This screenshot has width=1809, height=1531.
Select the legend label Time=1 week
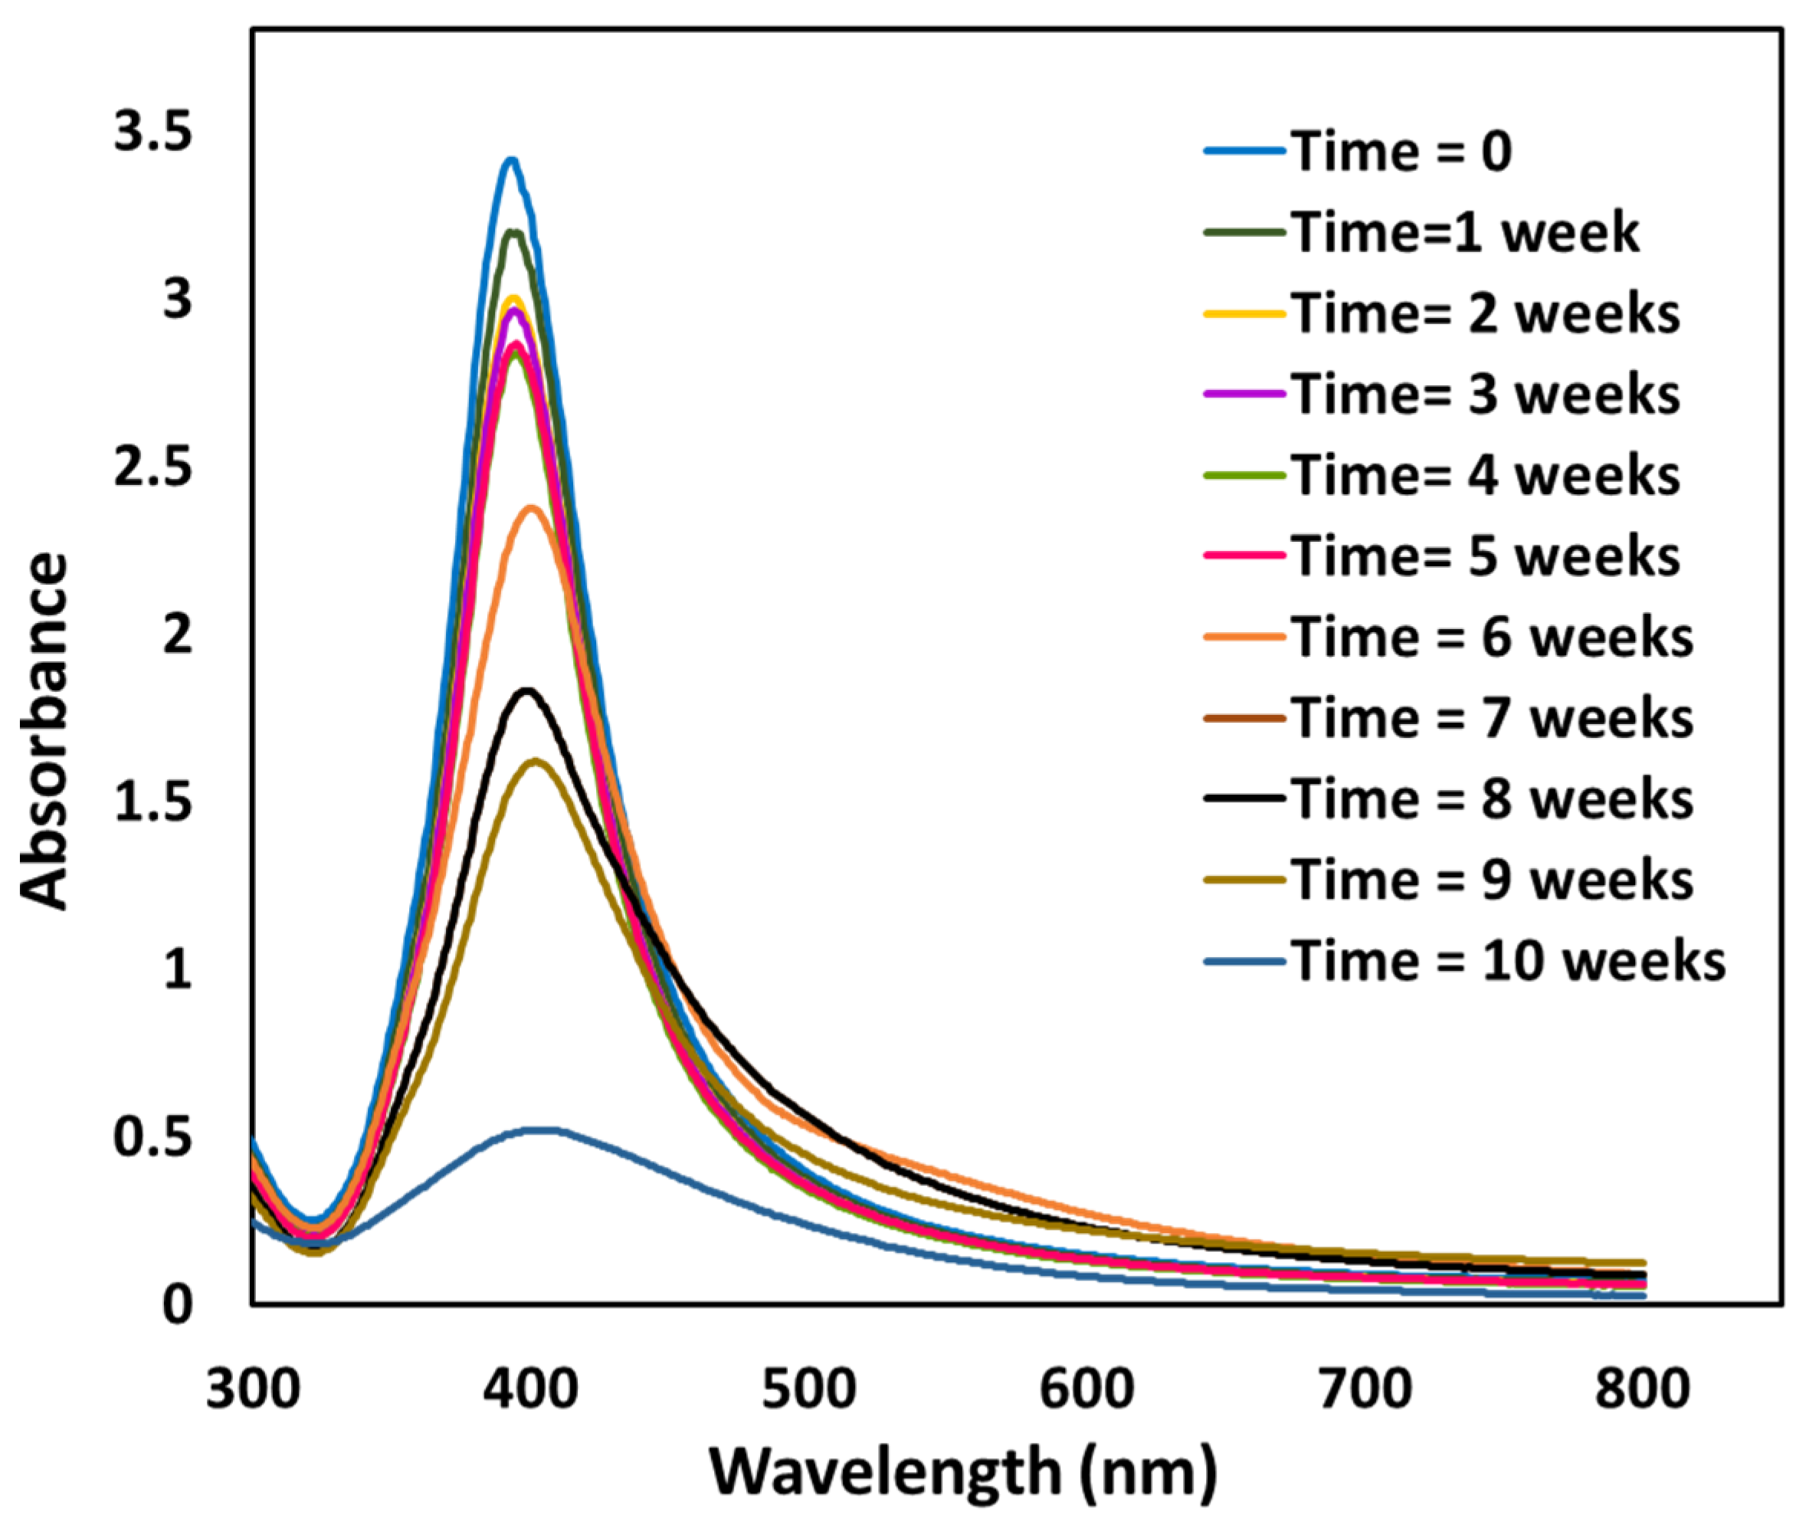pyautogui.click(x=1464, y=233)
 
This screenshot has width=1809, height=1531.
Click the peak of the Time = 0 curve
pyautogui.click(x=511, y=159)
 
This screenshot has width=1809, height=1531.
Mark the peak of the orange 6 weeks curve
pyautogui.click(x=531, y=508)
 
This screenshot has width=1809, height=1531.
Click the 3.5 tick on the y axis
pyautogui.click(x=152, y=135)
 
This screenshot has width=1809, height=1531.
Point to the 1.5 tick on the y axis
pyautogui.click(x=152, y=803)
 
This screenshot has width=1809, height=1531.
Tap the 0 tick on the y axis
pyautogui.click(x=177, y=1304)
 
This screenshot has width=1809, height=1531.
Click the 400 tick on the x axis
pyautogui.click(x=530, y=1388)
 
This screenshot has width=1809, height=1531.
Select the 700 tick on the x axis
pyautogui.click(x=1365, y=1388)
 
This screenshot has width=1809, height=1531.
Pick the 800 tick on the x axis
pyautogui.click(x=1643, y=1388)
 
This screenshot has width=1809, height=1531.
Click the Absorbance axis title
pyautogui.click(x=44, y=731)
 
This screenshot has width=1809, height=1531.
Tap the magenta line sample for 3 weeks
pyautogui.click(x=1244, y=393)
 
